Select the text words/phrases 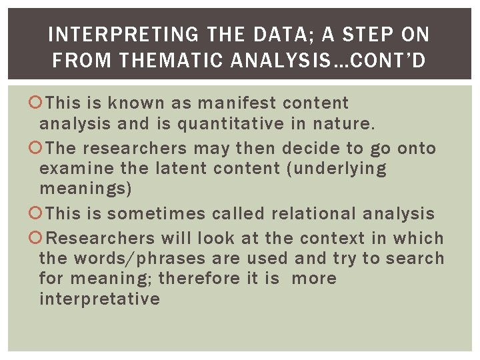click(143, 258)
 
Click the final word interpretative click(99, 298)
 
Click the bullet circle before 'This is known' click(38, 103)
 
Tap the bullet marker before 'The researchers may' click(38, 148)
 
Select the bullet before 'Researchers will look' click(38, 238)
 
